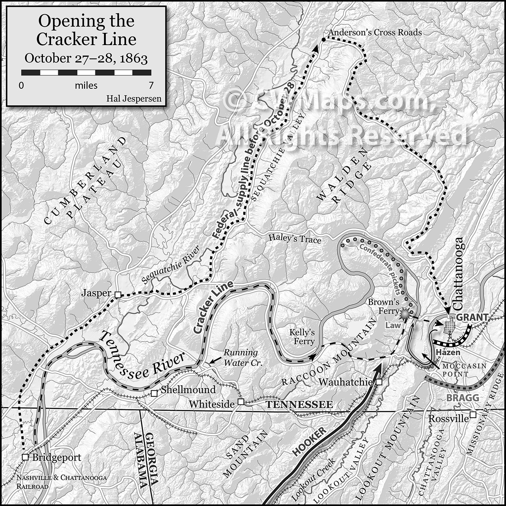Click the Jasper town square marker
pos(118,295)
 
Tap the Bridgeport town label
pos(57,457)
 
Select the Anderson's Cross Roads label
pos(375,33)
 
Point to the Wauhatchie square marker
pos(379,382)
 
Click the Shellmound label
pos(188,390)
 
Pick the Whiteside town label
pos(211,404)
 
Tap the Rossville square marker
pos(473,414)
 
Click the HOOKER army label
pos(309,441)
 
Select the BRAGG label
pos(462,397)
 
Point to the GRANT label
pos(472,317)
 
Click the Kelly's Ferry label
pos(302,337)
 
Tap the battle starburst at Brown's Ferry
pos(405,314)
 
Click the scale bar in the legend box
pos(86,73)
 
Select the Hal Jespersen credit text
pos(134,99)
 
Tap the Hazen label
pos(448,352)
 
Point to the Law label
pos(393,325)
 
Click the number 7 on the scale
pos(151,86)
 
